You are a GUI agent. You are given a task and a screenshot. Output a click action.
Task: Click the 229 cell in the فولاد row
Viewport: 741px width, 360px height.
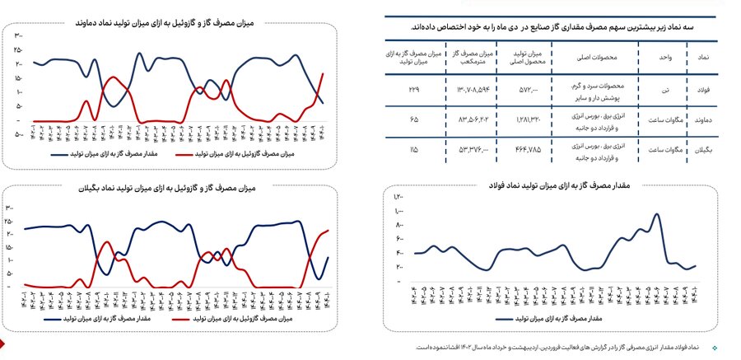(413, 88)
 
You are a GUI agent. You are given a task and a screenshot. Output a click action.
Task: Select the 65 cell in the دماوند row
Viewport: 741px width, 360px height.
(413, 120)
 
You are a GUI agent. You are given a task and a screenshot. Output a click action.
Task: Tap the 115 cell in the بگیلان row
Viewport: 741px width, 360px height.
(413, 150)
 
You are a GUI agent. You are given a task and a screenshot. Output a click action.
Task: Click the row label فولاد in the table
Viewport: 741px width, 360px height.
(702, 88)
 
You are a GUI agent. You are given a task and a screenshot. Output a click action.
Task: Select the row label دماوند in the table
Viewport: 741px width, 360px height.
(702, 120)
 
